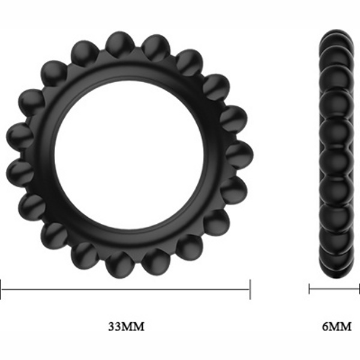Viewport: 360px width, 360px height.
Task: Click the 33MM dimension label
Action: coord(126,326)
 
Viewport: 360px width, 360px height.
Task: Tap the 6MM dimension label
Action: coord(337,326)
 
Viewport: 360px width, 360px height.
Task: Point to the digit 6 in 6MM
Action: coord(325,326)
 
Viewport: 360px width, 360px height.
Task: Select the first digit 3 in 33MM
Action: coord(112,326)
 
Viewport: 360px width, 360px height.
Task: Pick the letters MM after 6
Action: coord(340,326)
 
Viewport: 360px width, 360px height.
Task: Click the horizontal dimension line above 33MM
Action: coord(125,289)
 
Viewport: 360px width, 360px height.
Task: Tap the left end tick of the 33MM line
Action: coord(1,289)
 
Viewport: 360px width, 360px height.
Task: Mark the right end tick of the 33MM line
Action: coord(250,289)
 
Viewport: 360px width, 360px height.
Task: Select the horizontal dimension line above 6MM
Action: coord(334,289)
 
